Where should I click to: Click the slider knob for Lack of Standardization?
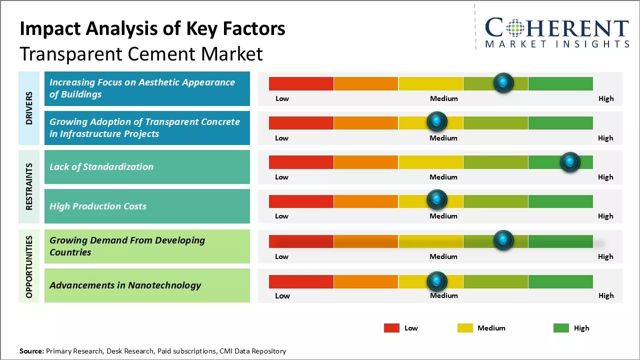(569, 162)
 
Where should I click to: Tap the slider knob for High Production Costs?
(437, 199)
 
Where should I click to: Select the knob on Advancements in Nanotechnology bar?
(437, 281)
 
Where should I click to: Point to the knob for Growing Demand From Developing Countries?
(503, 240)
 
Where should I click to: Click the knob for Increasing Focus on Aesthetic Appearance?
(503, 82)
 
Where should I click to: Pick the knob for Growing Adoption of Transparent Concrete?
(437, 121)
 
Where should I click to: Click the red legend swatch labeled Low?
(391, 328)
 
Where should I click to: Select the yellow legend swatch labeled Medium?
(465, 328)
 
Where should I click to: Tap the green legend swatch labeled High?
(561, 328)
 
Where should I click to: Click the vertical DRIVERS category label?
(29, 108)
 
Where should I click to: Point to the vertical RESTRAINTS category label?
(29, 186)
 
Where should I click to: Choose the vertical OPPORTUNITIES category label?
(29, 266)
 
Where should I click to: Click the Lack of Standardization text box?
(147, 167)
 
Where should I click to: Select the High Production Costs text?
(98, 206)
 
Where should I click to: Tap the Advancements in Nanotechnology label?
(125, 285)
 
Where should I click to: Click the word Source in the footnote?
(31, 351)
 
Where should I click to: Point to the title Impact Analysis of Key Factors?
(152, 29)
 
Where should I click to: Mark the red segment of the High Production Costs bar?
(301, 201)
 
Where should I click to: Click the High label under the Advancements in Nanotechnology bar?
(606, 295)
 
